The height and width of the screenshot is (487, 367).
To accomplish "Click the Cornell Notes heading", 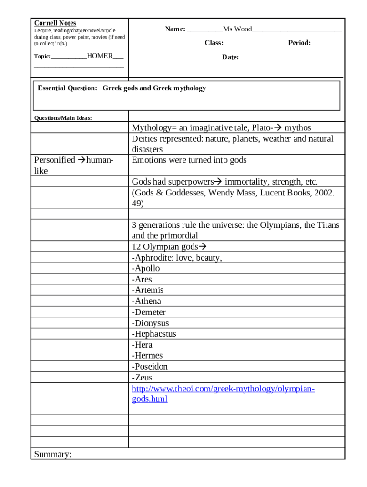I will pyautogui.click(x=55, y=23).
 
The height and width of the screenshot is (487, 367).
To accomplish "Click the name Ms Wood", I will pyautogui.click(x=237, y=29).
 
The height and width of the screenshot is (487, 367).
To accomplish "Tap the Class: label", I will pyautogui.click(x=214, y=43).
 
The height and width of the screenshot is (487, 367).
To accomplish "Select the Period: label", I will pyautogui.click(x=299, y=43).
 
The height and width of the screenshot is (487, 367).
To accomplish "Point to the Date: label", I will pyautogui.click(x=230, y=58).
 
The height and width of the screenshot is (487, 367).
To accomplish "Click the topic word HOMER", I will pyautogui.click(x=100, y=56).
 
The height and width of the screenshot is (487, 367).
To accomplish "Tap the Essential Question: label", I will pyautogui.click(x=67, y=88).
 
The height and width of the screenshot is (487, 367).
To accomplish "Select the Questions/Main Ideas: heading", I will pyautogui.click(x=63, y=118).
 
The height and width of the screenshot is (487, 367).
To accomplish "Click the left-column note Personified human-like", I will pyautogui.click(x=74, y=165).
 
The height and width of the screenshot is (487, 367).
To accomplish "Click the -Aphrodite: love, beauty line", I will pyautogui.click(x=177, y=258).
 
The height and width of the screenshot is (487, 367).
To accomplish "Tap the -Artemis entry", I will pyautogui.click(x=148, y=290).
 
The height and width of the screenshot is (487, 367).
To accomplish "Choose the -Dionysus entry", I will pyautogui.click(x=151, y=323).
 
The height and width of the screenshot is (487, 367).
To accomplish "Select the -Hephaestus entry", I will pyautogui.click(x=154, y=334).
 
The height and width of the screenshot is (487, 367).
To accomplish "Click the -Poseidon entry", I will pyautogui.click(x=150, y=367).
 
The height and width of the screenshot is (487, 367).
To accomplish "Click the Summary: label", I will pyautogui.click(x=53, y=455).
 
